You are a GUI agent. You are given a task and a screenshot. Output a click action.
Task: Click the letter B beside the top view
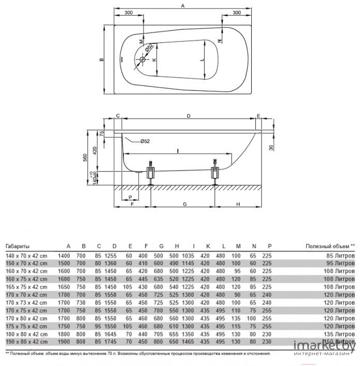point(102,60)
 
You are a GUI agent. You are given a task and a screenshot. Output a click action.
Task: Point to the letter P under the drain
point(130,198)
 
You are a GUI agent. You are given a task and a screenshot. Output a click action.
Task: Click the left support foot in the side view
point(151,174)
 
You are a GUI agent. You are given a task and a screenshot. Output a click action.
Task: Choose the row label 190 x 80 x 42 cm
point(26,342)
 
